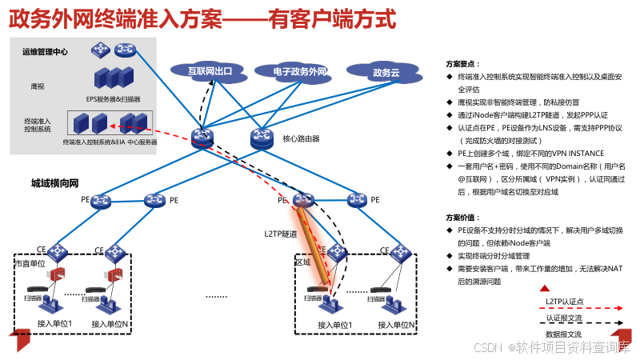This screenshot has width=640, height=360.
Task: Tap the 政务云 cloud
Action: [x=385, y=74]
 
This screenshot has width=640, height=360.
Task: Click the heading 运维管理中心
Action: [x=45, y=53]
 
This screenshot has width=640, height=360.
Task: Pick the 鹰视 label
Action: [x=37, y=85]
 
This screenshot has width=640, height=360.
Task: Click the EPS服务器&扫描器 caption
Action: [x=113, y=99]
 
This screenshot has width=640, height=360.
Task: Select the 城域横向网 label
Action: [x=54, y=183]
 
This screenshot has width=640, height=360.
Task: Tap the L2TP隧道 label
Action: [x=281, y=234]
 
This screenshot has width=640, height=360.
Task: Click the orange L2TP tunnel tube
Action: [x=315, y=244]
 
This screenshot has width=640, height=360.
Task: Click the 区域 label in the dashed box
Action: [x=303, y=262]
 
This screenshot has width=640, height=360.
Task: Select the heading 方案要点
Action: [x=462, y=63]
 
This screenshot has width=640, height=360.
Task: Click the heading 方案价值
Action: [x=462, y=218]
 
